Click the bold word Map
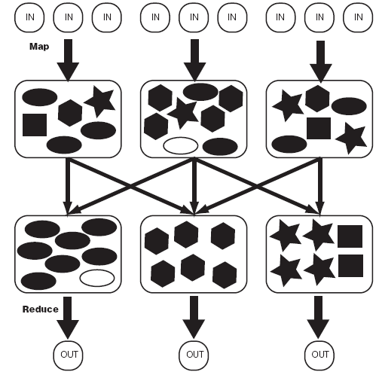[39, 47]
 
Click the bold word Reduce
[41, 309]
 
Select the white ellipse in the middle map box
[181, 145]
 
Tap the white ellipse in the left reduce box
[97, 278]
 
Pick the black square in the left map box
[35, 125]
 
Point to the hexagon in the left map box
[70, 113]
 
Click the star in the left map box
[100, 101]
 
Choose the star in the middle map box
[183, 112]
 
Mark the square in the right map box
[319, 128]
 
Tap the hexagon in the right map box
[317, 99]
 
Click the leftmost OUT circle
[68, 355]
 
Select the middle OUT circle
[194, 355]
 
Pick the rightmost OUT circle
[319, 355]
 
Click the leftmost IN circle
[29, 17]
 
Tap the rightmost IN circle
[358, 17]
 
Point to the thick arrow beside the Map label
[68, 60]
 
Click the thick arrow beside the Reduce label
[68, 318]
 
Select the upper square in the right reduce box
[350, 236]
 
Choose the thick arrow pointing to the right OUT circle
[318, 317]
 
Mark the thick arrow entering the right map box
[321, 62]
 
